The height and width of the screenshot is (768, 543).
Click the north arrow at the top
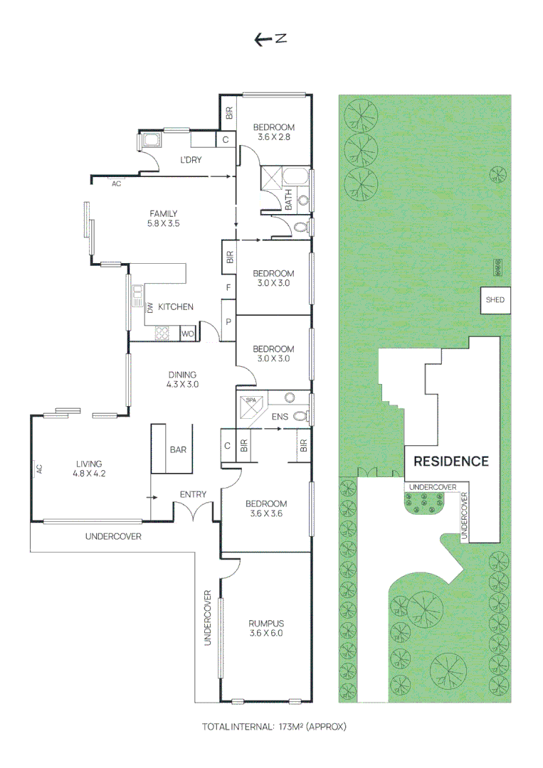pos(270,40)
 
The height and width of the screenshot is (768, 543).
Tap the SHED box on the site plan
pos(495,300)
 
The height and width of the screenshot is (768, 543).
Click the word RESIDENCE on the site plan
pos(451,461)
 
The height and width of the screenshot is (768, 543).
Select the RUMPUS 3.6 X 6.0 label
pos(266,629)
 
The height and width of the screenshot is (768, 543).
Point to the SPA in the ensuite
pos(251,405)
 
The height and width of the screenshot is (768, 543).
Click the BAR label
pos(177,449)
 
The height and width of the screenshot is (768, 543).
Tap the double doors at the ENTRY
pos(195,511)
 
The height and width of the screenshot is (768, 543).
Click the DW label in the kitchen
pos(150,308)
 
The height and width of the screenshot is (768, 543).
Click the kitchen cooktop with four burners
pos(162,332)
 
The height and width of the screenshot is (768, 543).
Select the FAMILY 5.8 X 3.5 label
pos(163,218)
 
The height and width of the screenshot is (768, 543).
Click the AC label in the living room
pos(40,469)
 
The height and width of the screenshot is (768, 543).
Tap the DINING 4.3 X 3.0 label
pos(182,380)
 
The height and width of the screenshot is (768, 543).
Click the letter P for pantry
pos(228,322)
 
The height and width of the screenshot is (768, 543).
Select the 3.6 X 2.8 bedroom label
pos(274,132)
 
